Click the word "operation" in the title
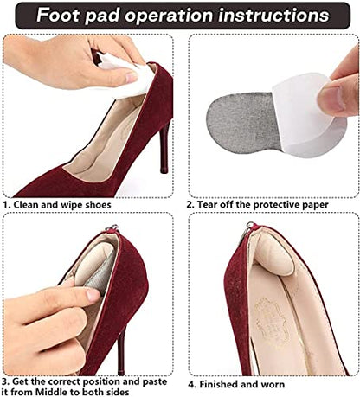pyautogui.click(x=169, y=16)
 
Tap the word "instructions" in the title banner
pyautogui.click(x=273, y=15)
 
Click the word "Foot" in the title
pyautogui.click(x=58, y=15)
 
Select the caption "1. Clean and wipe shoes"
pyautogui.click(x=57, y=205)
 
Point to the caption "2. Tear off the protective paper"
pyautogui.click(x=257, y=205)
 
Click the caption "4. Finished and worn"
pyautogui.click(x=236, y=384)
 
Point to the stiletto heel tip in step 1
pyautogui.click(x=164, y=170)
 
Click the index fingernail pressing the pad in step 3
pyautogui.click(x=93, y=295)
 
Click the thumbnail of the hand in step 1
pyautogui.click(x=132, y=77)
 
